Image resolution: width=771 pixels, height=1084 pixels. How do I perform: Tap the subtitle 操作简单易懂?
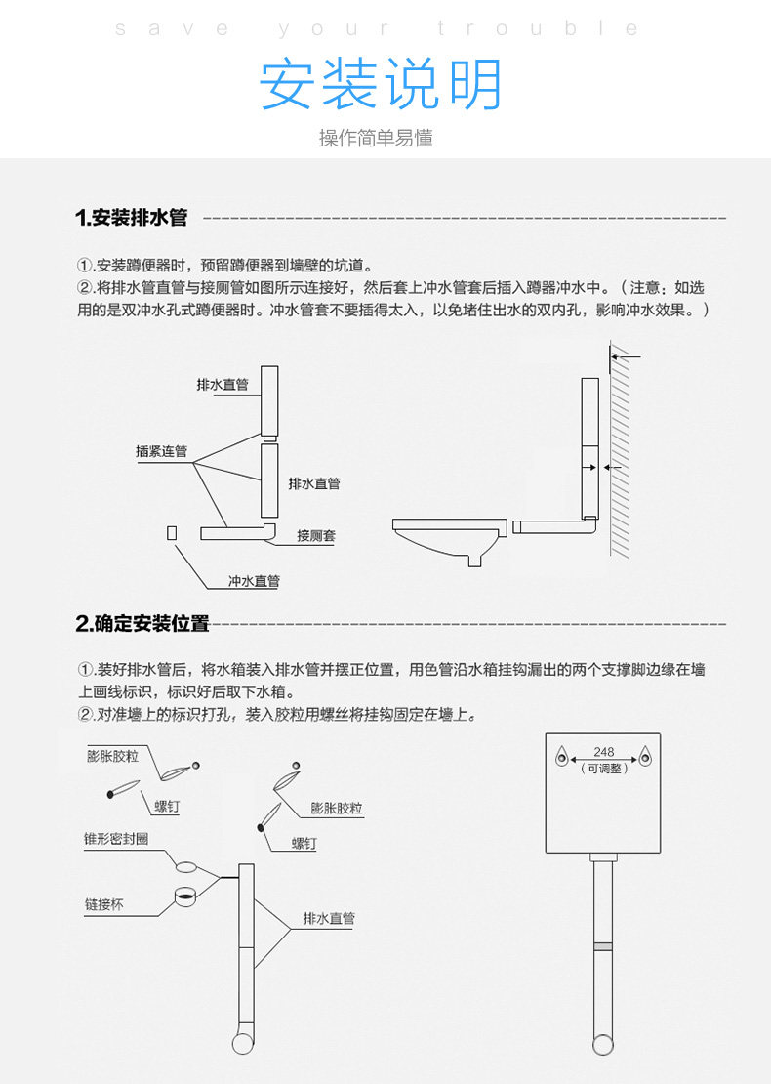pyautogui.click(x=376, y=138)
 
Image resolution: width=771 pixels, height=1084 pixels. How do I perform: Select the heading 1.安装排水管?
pyautogui.click(x=131, y=218)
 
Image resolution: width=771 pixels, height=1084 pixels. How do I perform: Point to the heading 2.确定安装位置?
pyautogui.click(x=142, y=623)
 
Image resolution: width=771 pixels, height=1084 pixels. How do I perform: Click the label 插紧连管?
pyautogui.click(x=161, y=451)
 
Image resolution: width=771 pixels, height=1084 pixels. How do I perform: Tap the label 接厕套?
pyautogui.click(x=316, y=536)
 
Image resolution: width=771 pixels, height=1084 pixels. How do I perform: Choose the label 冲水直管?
pyautogui.click(x=254, y=581)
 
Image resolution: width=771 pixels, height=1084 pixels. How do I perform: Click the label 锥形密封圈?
pyautogui.click(x=116, y=839)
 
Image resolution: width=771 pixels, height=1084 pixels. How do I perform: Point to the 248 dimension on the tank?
pyautogui.click(x=604, y=752)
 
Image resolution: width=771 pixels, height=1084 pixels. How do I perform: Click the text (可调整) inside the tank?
pyautogui.click(x=604, y=769)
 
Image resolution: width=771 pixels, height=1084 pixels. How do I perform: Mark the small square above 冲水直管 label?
pyautogui.click(x=172, y=532)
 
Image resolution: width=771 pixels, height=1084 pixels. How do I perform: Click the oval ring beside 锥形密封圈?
pyautogui.click(x=186, y=865)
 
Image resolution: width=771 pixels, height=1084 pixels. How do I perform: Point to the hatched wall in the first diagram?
pyautogui.click(x=621, y=449)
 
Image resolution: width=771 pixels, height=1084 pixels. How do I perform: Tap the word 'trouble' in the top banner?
pyautogui.click(x=537, y=29)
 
